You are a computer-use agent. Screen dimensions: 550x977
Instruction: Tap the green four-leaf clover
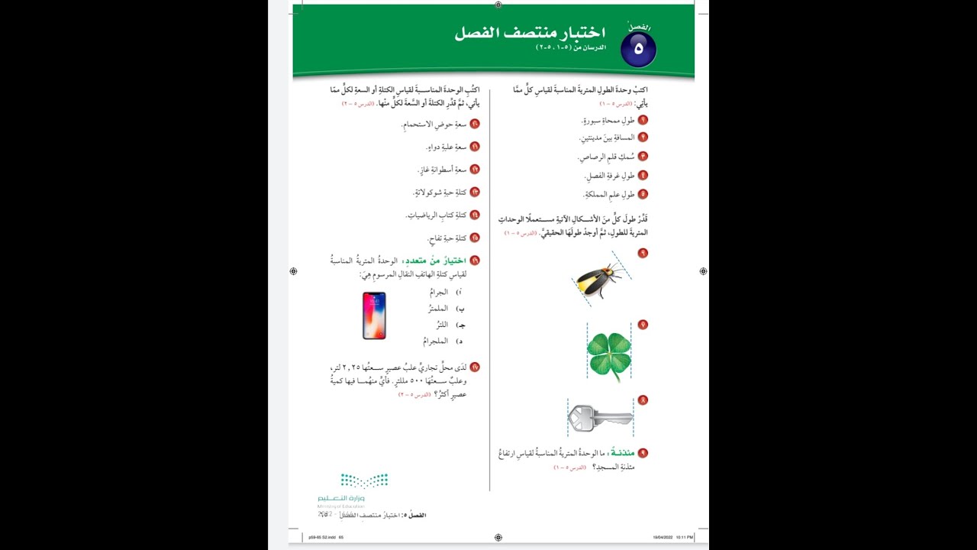click(x=609, y=354)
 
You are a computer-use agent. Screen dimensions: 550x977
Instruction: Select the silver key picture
click(x=600, y=418)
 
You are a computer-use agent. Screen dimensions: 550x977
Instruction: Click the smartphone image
click(x=374, y=315)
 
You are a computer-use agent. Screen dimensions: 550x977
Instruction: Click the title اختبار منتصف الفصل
click(x=530, y=33)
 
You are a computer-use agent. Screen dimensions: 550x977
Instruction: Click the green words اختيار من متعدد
click(x=434, y=260)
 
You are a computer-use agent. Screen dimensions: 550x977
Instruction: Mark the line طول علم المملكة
click(x=609, y=195)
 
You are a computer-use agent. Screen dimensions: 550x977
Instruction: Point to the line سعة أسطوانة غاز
click(x=442, y=170)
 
